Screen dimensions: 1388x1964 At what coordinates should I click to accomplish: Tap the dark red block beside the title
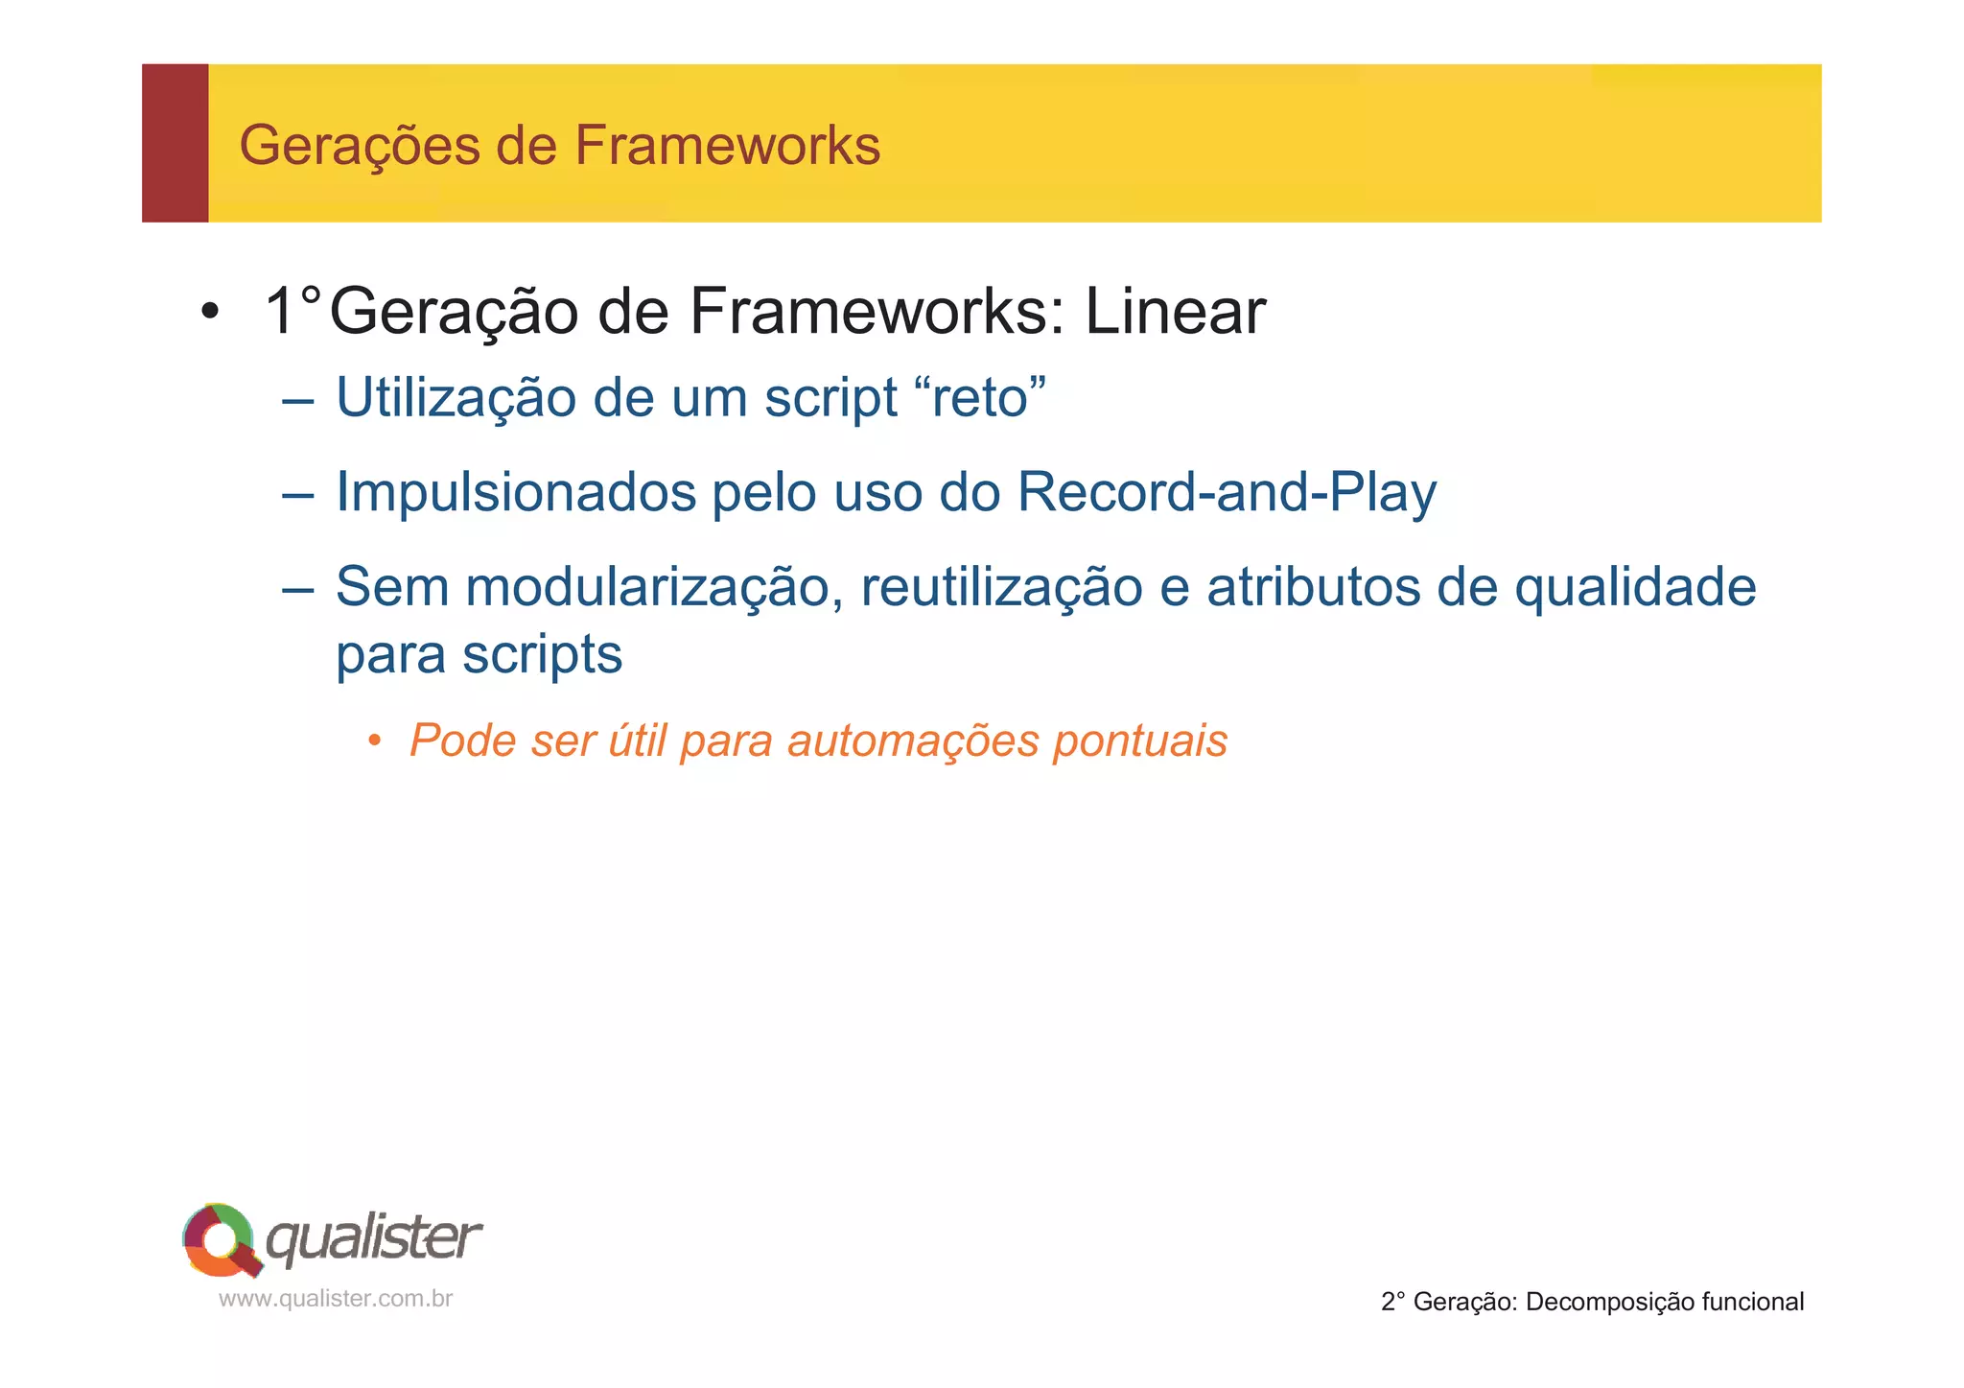pyautogui.click(x=175, y=144)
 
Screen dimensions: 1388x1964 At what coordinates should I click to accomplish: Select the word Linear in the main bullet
pyautogui.click(x=1175, y=312)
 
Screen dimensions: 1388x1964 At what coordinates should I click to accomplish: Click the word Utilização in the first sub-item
pyautogui.click(x=456, y=397)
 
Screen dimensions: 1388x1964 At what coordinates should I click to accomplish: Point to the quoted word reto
pyautogui.click(x=987, y=397)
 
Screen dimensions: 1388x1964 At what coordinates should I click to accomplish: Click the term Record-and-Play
pyautogui.click(x=1227, y=493)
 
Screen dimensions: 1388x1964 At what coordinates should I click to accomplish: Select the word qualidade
pyautogui.click(x=1635, y=587)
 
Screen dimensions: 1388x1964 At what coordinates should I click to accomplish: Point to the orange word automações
pyautogui.click(x=912, y=741)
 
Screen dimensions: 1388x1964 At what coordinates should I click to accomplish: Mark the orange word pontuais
pyautogui.click(x=1140, y=741)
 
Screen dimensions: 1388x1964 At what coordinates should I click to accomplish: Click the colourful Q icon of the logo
pyautogui.click(x=221, y=1239)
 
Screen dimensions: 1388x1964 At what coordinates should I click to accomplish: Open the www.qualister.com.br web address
pyautogui.click(x=336, y=1299)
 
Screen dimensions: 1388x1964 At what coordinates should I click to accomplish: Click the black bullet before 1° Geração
pyautogui.click(x=210, y=313)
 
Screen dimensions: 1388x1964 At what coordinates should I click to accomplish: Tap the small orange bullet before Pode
pyautogui.click(x=375, y=741)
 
